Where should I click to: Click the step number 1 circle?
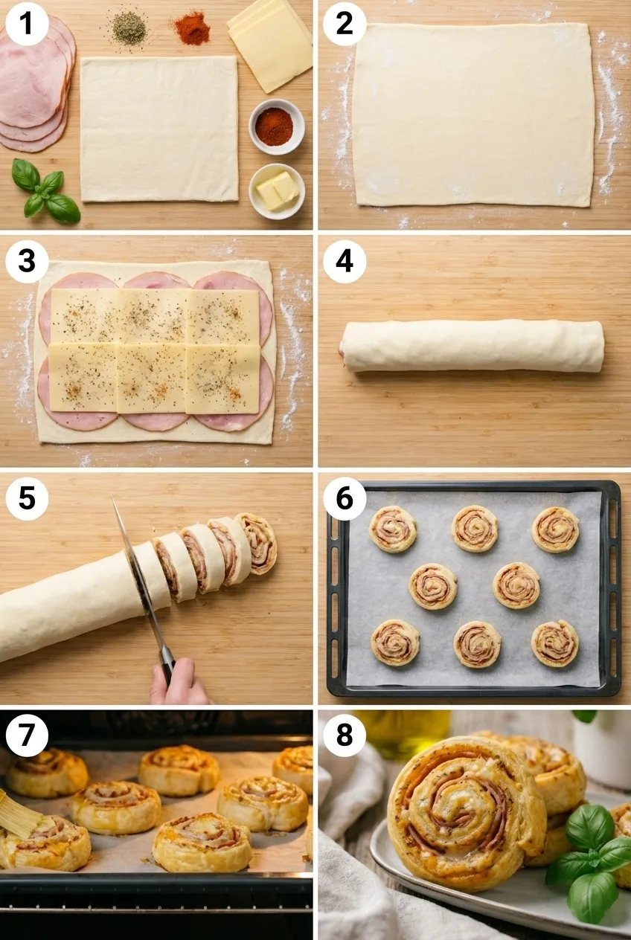[x=27, y=25]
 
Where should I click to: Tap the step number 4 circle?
[x=345, y=262]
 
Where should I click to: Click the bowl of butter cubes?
[x=277, y=190]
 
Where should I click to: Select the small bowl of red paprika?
[x=276, y=126]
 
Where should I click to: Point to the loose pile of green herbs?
[x=129, y=28]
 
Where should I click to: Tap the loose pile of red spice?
[x=192, y=29]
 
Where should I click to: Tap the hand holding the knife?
[x=179, y=684]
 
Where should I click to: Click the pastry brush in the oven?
[x=19, y=815]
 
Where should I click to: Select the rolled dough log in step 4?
[x=472, y=346]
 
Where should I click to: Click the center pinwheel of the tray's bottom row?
[x=477, y=643]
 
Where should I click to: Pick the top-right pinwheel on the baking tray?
[x=555, y=529]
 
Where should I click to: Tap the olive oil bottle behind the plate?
[x=403, y=732]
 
